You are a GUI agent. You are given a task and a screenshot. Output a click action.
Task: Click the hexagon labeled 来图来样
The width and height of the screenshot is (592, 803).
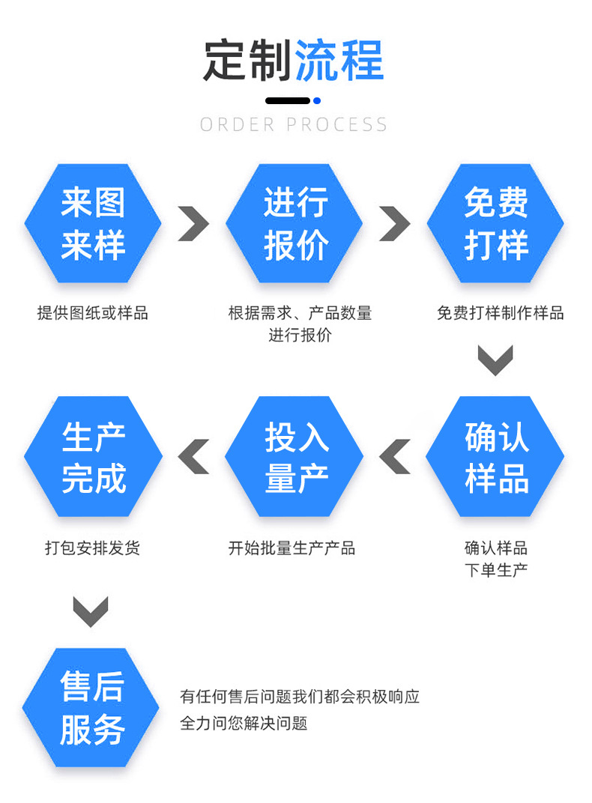[93, 223]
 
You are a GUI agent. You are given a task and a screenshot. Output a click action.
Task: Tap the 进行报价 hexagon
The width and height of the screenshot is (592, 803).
[295, 223]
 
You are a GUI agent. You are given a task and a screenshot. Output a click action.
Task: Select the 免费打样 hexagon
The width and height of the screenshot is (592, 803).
[495, 223]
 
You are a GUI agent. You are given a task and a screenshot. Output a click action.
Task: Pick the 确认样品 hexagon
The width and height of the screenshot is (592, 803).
[495, 456]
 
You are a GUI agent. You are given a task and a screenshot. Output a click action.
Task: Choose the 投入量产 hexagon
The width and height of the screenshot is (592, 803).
[295, 456]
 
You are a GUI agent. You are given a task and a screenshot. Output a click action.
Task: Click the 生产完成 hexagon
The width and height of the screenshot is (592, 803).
[93, 456]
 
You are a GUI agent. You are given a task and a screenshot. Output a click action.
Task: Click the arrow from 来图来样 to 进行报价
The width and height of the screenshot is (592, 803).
[193, 223]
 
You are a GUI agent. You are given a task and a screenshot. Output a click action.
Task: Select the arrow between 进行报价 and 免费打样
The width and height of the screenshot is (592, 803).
[395, 223]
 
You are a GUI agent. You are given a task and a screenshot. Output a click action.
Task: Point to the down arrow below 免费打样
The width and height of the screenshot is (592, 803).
[495, 360]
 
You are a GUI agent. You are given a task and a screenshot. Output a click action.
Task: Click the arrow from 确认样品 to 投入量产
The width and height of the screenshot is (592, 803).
[395, 456]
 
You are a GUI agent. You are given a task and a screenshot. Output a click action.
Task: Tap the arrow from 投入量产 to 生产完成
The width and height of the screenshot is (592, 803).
[193, 456]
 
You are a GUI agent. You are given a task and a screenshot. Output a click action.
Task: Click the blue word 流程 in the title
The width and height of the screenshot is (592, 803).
[339, 60]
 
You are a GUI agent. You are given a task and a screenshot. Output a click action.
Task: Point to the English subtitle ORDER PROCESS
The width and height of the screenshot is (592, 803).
[294, 124]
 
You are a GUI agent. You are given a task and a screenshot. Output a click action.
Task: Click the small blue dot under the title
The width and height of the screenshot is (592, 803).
[317, 100]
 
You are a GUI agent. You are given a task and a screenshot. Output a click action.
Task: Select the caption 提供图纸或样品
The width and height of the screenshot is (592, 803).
[93, 313]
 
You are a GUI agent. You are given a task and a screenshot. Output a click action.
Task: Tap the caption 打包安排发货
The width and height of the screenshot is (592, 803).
[93, 548]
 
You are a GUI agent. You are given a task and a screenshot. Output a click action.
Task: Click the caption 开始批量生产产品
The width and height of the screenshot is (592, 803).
[292, 548]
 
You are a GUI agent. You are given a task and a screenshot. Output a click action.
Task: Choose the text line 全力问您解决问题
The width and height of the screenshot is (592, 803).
[244, 724]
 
